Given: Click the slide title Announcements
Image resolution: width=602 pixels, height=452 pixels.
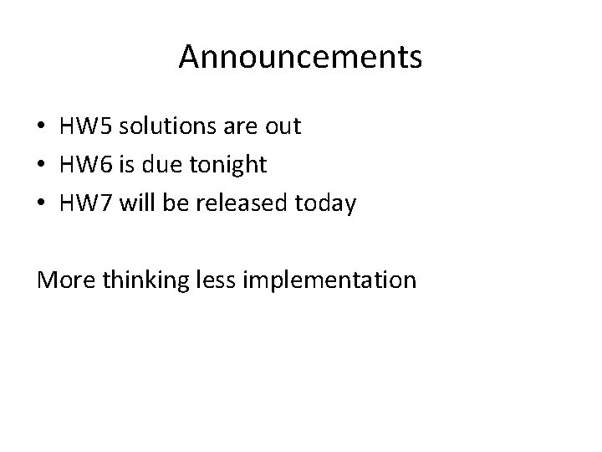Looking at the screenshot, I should (300, 57).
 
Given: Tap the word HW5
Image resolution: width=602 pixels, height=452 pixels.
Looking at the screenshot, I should (86, 126).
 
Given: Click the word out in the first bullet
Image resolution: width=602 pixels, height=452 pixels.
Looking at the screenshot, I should (283, 127).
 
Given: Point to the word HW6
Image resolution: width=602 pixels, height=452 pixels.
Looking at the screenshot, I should (86, 165).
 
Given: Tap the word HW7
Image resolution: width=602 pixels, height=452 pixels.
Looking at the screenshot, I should (86, 203).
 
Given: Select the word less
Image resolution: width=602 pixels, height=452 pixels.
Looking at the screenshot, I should (218, 279).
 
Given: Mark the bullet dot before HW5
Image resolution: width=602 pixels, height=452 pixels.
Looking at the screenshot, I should (43, 128).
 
